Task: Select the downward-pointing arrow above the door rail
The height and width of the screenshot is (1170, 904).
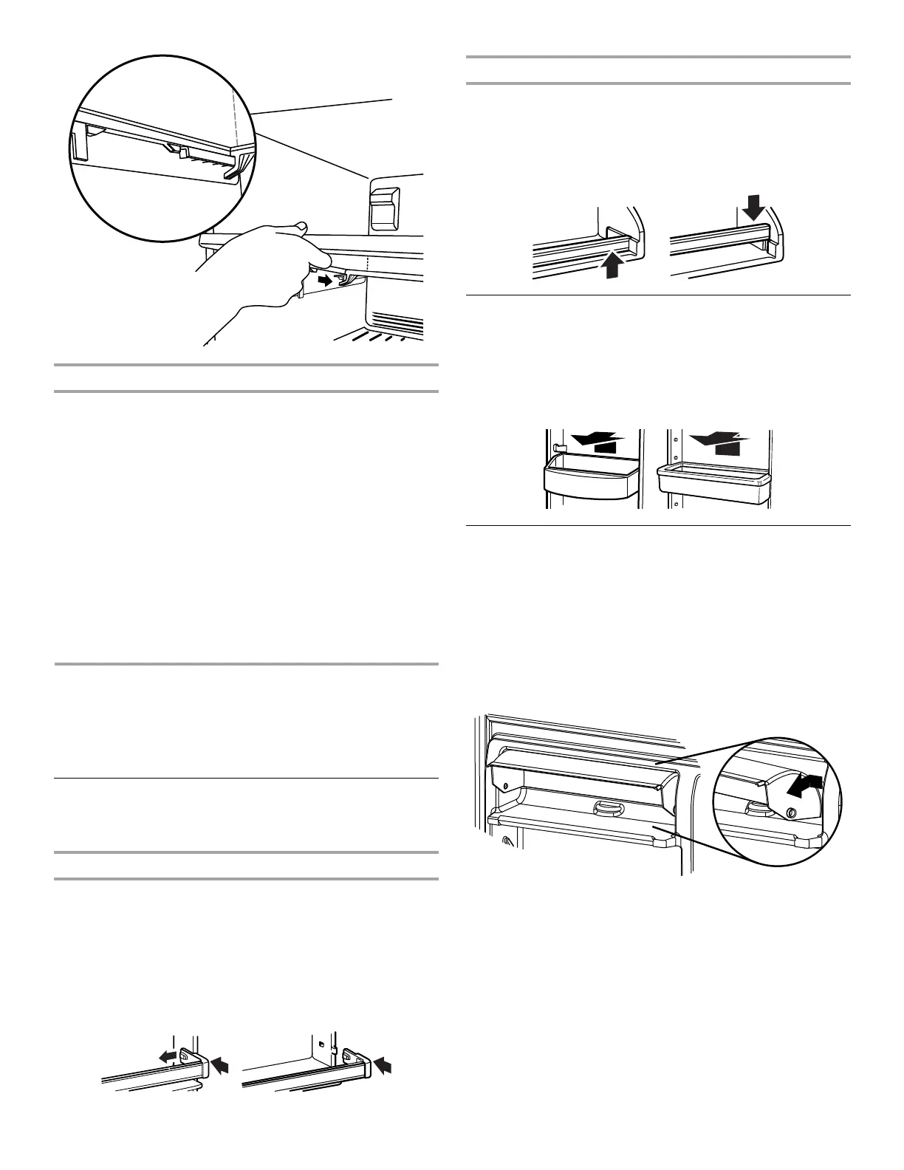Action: [754, 206]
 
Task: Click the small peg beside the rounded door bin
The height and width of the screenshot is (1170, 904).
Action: [558, 448]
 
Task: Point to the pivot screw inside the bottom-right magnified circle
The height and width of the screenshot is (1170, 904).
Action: [791, 812]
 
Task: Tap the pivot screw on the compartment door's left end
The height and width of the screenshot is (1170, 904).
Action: [505, 785]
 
